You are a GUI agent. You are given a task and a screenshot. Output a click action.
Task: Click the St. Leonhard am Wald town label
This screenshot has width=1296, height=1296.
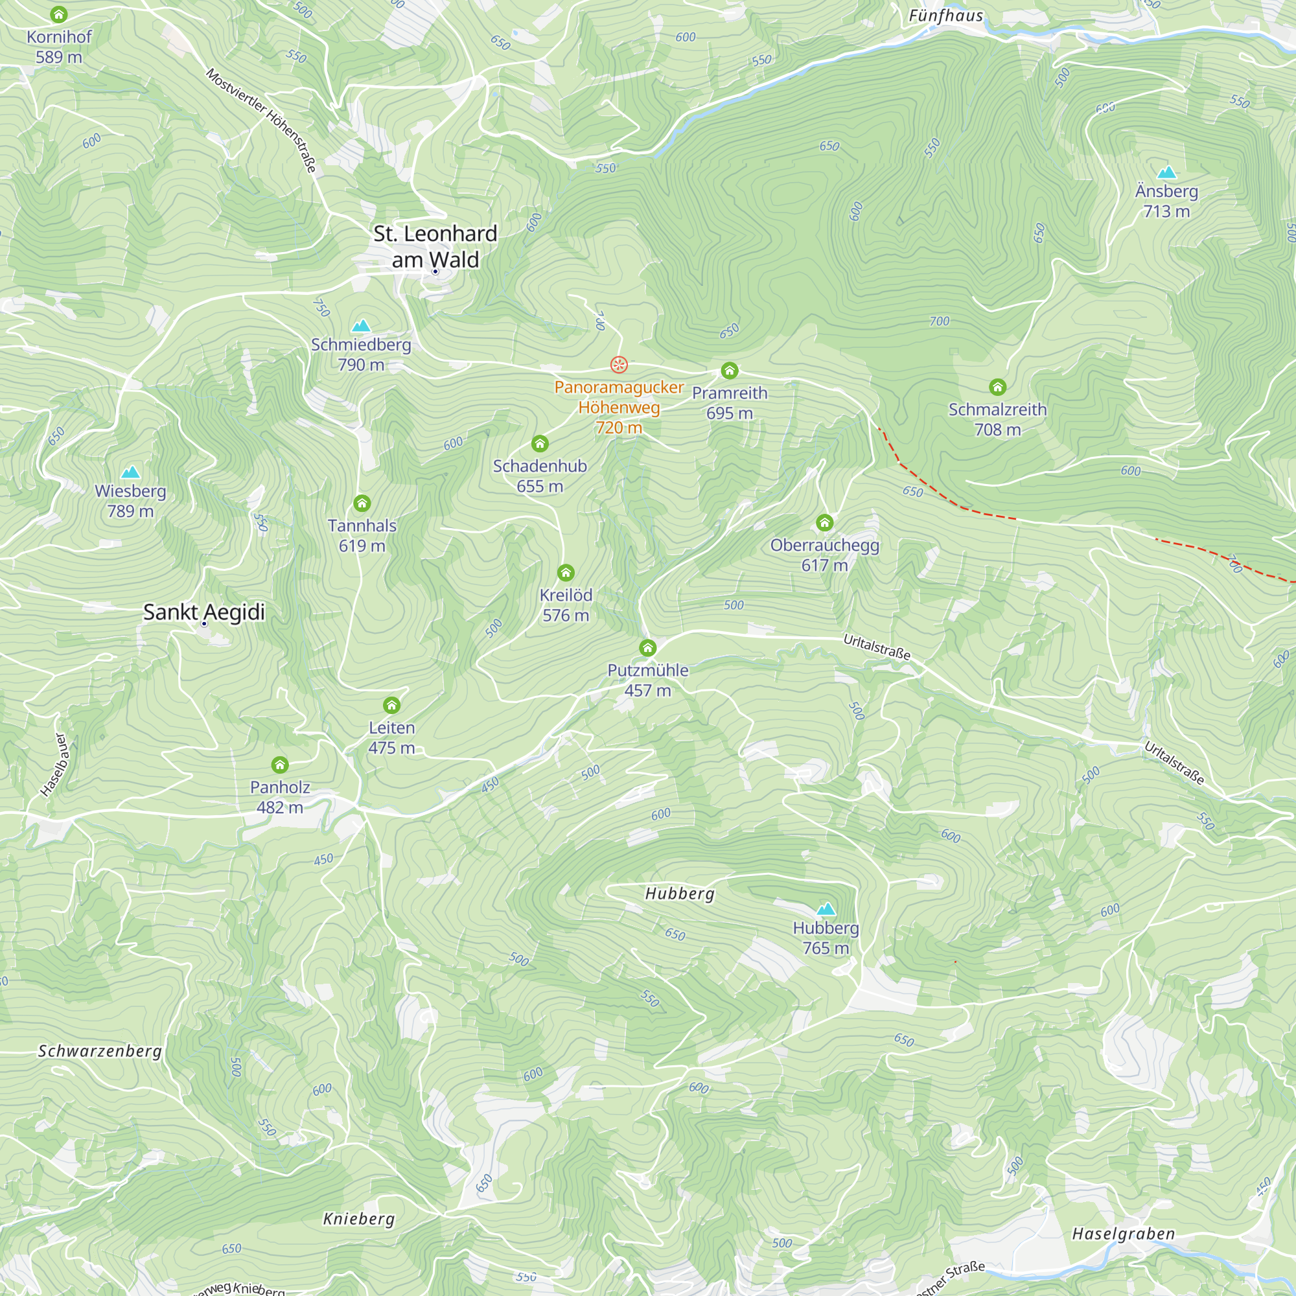pyautogui.click(x=435, y=246)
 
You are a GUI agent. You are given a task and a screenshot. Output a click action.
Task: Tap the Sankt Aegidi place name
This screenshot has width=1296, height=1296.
pyautogui.click(x=204, y=612)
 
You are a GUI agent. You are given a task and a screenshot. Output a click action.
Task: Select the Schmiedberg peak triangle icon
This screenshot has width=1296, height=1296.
pyautogui.click(x=361, y=326)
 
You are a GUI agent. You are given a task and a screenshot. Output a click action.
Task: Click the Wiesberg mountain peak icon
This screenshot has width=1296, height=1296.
pyautogui.click(x=130, y=472)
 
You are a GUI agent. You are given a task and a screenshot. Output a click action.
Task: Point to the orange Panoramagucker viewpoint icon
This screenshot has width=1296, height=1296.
pyautogui.click(x=618, y=364)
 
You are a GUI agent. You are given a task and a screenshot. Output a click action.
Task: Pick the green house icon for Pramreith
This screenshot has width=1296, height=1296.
pyautogui.click(x=729, y=370)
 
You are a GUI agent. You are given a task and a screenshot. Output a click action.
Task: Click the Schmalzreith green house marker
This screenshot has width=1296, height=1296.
pyautogui.click(x=997, y=386)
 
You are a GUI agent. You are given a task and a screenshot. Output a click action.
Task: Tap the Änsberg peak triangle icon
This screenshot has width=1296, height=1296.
pyautogui.click(x=1166, y=172)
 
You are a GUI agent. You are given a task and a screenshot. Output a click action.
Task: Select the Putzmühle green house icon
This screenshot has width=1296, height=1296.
pyautogui.click(x=647, y=647)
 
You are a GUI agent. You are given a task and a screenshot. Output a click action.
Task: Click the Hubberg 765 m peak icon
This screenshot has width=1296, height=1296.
pyautogui.click(x=826, y=909)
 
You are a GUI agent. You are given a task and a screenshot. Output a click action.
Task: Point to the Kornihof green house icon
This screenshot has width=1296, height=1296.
pyautogui.click(x=59, y=14)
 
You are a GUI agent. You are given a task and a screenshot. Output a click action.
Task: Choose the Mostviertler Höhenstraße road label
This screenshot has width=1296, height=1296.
pyautogui.click(x=261, y=119)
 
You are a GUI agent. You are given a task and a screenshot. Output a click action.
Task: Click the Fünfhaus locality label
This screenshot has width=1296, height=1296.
pyautogui.click(x=945, y=16)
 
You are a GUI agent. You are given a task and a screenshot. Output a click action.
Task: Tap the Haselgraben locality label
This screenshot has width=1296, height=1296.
pyautogui.click(x=1123, y=1234)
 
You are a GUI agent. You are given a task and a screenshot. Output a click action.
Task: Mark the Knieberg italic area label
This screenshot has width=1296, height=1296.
pyautogui.click(x=359, y=1219)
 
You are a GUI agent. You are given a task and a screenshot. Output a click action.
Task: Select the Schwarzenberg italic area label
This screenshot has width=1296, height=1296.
pyautogui.click(x=100, y=1051)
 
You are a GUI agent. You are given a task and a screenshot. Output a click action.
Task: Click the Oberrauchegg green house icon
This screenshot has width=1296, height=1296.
pyautogui.click(x=824, y=522)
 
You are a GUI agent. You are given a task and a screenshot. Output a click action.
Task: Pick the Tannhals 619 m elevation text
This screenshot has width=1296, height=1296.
pyautogui.click(x=362, y=546)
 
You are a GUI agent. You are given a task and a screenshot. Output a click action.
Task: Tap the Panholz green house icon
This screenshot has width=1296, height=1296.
pyautogui.click(x=280, y=765)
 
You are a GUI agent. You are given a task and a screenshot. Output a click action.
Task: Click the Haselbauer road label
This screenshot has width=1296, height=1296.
pyautogui.click(x=54, y=765)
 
